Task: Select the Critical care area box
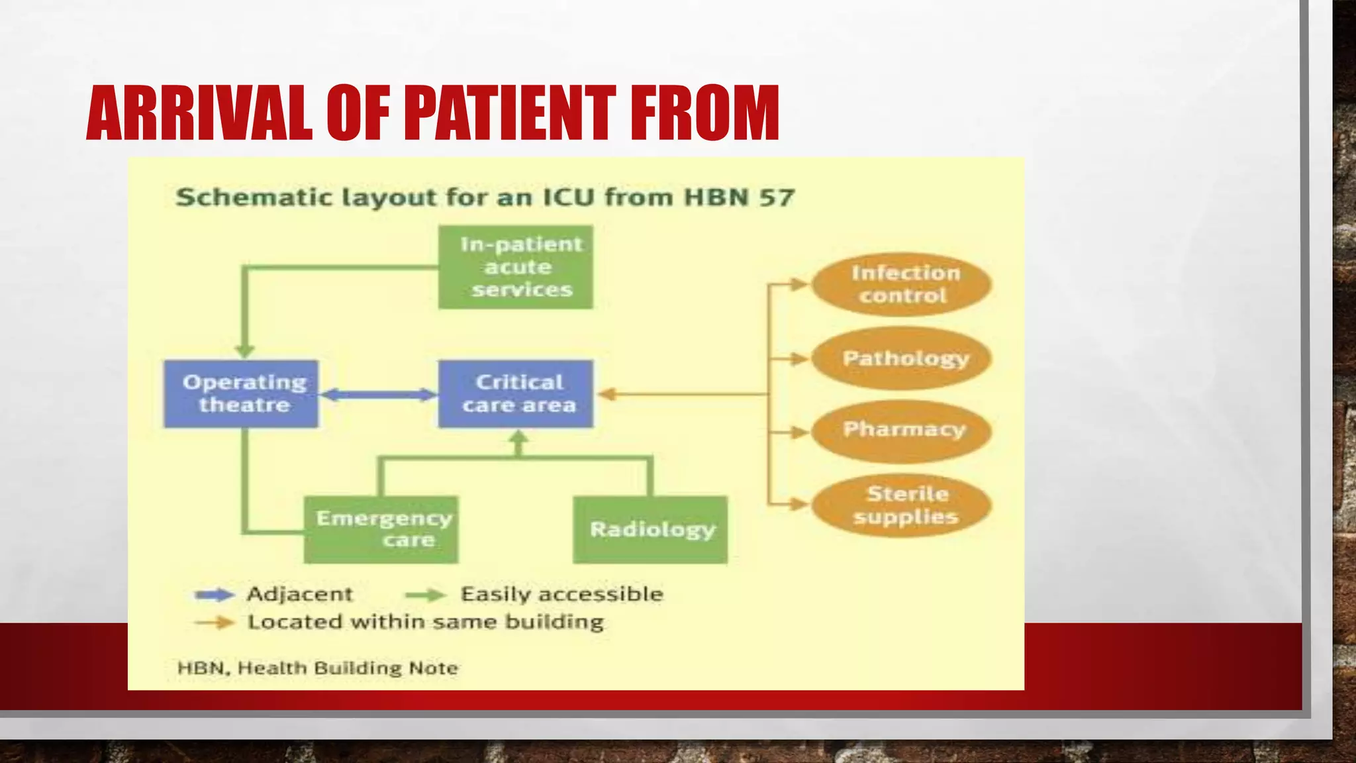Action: point(516,393)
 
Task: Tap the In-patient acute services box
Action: point(516,267)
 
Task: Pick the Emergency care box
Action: point(381,529)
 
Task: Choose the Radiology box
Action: point(650,529)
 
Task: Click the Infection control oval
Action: point(902,284)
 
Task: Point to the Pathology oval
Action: point(902,358)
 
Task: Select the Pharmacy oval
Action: point(902,431)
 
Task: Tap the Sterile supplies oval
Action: point(902,505)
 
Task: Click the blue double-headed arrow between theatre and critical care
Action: point(378,395)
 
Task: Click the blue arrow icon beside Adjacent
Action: point(214,595)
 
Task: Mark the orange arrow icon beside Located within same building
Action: point(214,623)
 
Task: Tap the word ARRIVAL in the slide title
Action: point(199,113)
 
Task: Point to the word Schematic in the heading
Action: point(254,197)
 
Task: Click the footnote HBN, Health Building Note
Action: point(318,668)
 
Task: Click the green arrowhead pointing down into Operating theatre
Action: point(244,351)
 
